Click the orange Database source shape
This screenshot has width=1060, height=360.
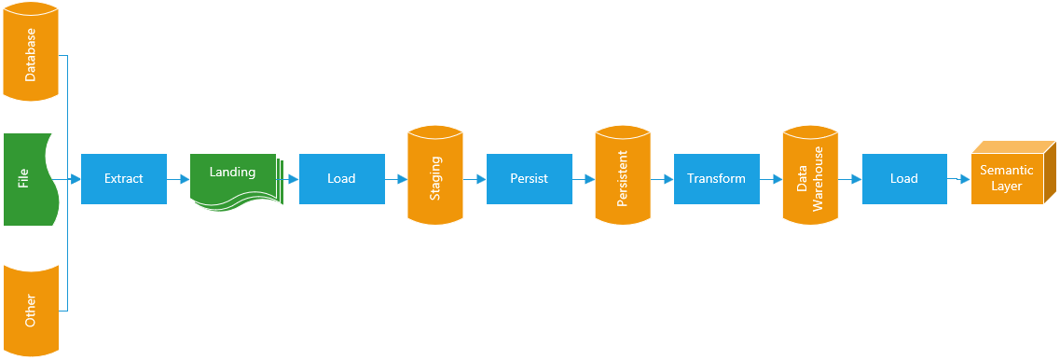tap(32, 54)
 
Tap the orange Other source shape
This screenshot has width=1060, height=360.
tap(32, 308)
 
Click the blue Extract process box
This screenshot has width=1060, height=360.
tap(124, 178)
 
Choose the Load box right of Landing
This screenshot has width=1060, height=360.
tap(341, 178)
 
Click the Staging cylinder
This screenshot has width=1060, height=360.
tap(435, 177)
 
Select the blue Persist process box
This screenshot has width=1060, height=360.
tap(529, 178)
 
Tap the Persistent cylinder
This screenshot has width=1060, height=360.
tap(623, 177)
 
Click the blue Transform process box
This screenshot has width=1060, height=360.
tap(716, 178)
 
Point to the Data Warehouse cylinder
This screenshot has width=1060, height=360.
tap(810, 177)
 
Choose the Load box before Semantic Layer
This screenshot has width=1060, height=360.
tap(903, 178)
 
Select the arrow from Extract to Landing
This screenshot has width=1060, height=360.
tap(178, 178)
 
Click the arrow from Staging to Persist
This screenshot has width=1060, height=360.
tap(475, 178)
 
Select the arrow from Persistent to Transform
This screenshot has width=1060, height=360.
tap(662, 178)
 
